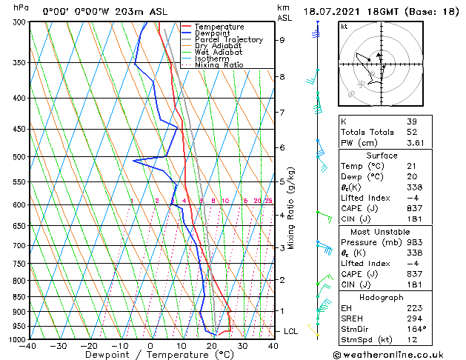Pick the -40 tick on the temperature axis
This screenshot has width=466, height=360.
coord(29,346)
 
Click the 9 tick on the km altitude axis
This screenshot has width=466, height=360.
coord(282,40)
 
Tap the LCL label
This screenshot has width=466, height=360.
coord(290,330)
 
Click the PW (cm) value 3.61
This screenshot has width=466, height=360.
coord(416,153)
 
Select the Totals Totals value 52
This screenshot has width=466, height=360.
coord(411,142)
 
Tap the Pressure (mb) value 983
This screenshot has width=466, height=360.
coord(413,242)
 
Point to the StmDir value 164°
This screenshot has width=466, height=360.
coord(416,329)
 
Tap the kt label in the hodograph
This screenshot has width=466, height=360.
coord(344,27)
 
